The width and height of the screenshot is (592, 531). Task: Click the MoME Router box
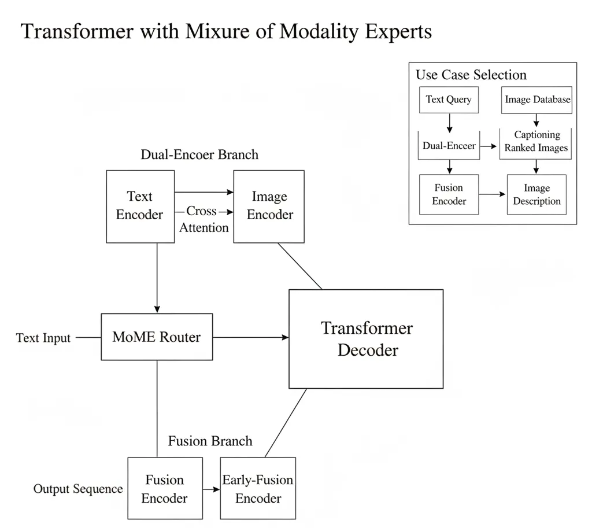157,337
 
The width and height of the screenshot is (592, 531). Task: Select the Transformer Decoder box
366,338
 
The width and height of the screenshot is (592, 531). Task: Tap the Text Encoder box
140,207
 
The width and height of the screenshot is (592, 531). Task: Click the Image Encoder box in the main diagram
269,207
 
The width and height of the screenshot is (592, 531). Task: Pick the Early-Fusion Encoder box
258,489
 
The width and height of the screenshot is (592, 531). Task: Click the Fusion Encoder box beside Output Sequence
165,489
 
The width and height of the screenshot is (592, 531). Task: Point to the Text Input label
43,338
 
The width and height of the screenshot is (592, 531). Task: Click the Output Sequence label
78,489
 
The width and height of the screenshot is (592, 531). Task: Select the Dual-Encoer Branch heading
199,154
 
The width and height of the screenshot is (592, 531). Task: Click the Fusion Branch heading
210,441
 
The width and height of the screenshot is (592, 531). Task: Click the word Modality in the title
317,31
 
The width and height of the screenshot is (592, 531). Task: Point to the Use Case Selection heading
471,75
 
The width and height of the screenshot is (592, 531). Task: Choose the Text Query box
449,99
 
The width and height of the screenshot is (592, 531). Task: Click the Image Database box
537,99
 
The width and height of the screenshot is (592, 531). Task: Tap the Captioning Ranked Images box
536,142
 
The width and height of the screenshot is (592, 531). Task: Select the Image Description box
536,195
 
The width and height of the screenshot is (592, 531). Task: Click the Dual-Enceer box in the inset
449,145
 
